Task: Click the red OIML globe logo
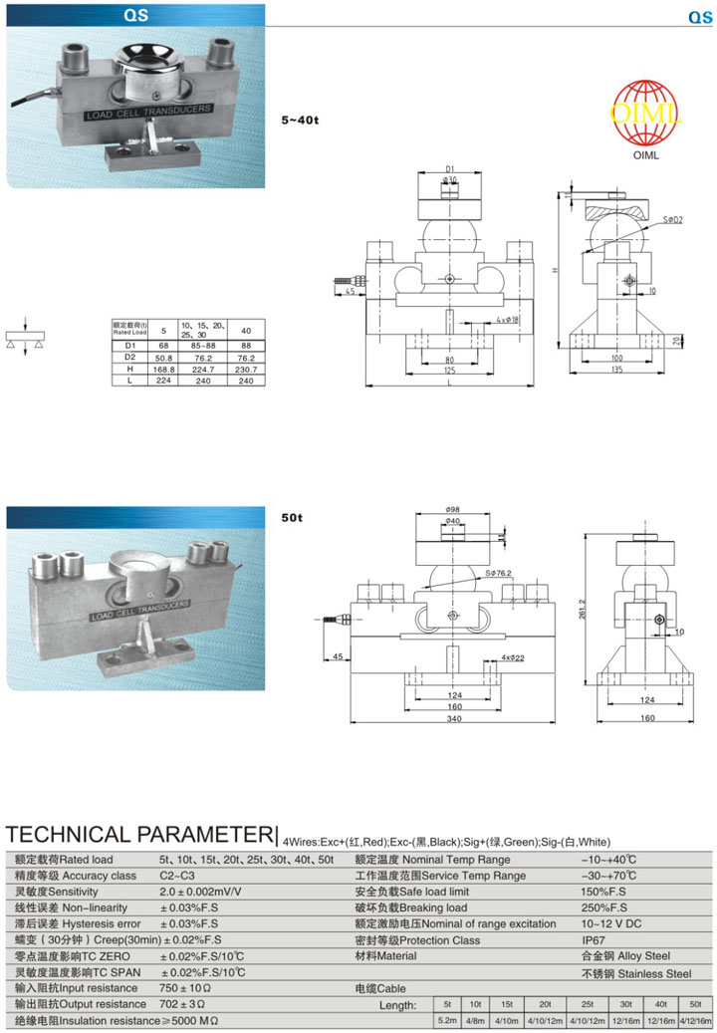tap(646, 116)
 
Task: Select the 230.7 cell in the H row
tap(245, 368)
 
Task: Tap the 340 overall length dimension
tap(453, 719)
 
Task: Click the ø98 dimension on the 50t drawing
tap(452, 509)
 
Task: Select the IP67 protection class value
tap(593, 939)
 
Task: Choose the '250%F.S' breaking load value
tap(605, 907)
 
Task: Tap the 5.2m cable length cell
tap(447, 1022)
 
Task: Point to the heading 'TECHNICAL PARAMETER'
tap(139, 834)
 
